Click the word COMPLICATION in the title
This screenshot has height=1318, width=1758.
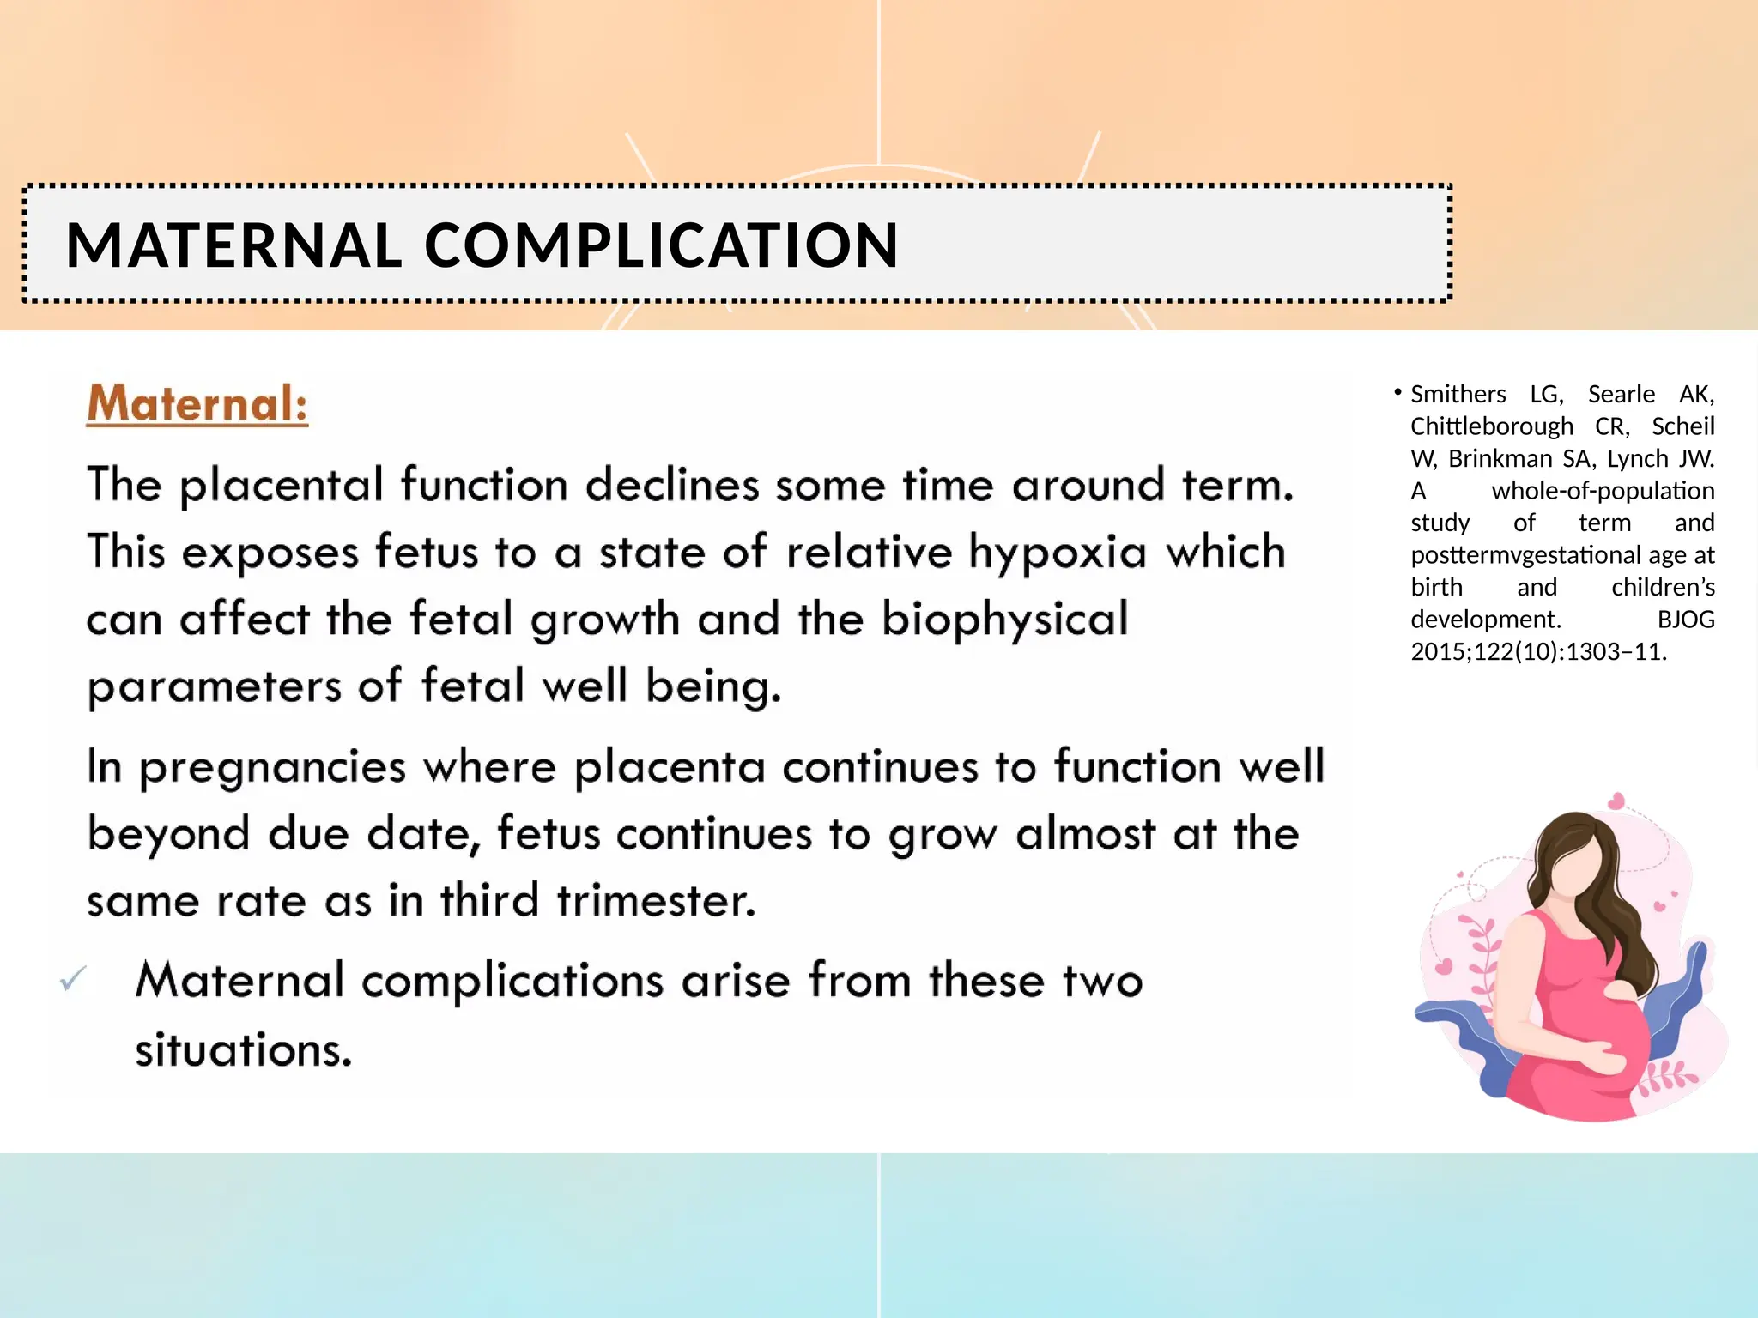661,245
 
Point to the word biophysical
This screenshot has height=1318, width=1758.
1005,620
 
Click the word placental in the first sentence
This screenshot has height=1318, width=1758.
281,486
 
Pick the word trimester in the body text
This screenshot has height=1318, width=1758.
656,901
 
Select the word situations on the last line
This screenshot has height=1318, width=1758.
244,1049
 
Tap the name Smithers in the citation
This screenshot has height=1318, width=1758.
1458,394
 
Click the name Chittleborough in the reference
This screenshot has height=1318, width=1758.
1492,426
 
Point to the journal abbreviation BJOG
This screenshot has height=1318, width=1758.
1685,620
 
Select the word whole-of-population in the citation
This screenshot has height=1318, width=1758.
1603,491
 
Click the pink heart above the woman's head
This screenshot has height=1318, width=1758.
1617,801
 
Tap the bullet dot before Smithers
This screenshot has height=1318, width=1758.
1397,393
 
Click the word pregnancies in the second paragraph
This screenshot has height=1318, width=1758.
272,767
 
